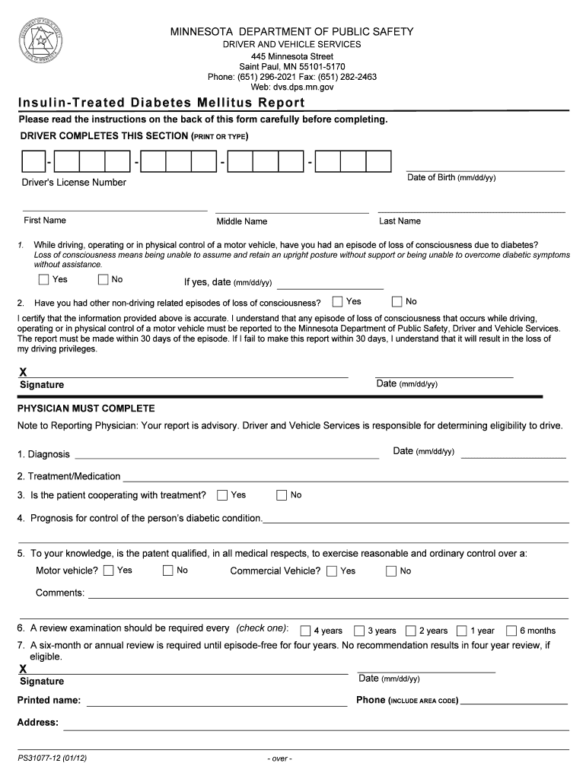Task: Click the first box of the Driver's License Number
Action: point(33,162)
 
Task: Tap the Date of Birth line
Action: point(485,169)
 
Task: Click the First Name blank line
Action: point(114,208)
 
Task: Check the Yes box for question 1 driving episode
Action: point(44,280)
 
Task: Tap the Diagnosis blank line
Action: point(226,457)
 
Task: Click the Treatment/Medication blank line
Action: point(346,480)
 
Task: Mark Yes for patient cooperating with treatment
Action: point(222,495)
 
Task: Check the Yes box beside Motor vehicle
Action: point(109,571)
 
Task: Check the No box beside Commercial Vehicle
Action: point(391,571)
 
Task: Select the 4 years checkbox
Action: point(305,631)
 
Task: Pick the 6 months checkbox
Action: point(511,631)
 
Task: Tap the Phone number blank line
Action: point(514,704)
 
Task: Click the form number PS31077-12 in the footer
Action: point(53,758)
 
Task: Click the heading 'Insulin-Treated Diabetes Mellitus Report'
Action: point(162,103)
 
